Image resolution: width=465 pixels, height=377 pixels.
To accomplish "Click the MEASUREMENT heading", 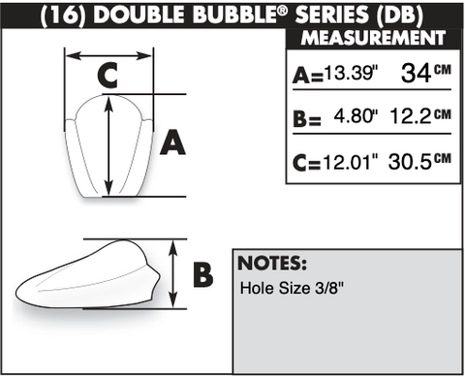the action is tap(373, 38).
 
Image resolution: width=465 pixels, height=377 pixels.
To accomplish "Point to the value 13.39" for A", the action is tap(351, 72).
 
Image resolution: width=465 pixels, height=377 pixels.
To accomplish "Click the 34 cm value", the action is tap(425, 73).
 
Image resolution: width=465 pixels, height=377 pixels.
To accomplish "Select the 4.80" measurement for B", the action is tap(356, 116).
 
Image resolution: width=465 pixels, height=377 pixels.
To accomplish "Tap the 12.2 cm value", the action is tap(420, 116).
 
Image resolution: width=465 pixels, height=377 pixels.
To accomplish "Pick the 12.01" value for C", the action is tap(351, 162).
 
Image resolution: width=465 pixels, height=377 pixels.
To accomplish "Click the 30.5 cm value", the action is tap(419, 161).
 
